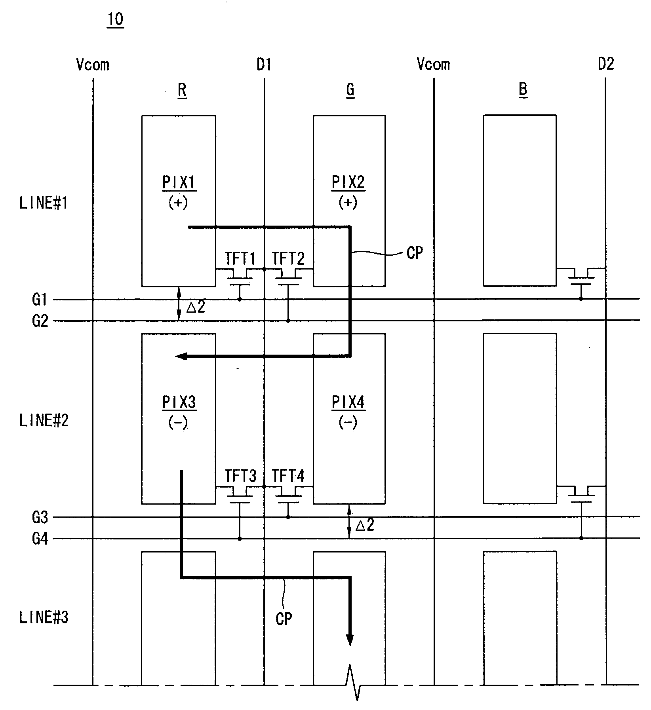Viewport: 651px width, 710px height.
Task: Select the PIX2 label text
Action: point(348,182)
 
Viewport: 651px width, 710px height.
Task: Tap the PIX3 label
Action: point(179,402)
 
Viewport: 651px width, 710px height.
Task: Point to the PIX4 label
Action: point(348,402)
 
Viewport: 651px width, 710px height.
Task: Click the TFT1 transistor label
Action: point(240,259)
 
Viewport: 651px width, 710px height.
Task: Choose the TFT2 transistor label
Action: point(288,259)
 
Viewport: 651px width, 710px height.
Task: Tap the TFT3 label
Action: point(240,476)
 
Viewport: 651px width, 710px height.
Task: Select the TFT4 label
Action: point(288,476)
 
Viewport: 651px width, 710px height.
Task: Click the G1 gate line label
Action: point(40,300)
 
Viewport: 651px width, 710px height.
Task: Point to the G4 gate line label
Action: point(40,539)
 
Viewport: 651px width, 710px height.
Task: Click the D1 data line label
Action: point(264,64)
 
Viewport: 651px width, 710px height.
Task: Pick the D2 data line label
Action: point(606,64)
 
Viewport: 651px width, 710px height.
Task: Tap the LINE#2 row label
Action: point(44,420)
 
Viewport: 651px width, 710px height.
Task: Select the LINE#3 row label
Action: point(44,617)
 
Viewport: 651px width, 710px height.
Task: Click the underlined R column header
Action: point(182,90)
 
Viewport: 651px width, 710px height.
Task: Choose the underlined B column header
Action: point(523,90)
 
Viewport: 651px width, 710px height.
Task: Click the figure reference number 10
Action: point(115,19)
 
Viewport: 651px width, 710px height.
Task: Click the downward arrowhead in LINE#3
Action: point(350,640)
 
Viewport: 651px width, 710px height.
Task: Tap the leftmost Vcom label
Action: point(93,65)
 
